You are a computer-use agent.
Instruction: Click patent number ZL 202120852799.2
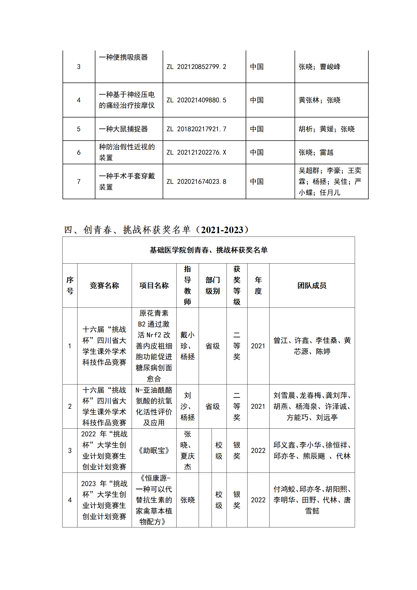pos(196,67)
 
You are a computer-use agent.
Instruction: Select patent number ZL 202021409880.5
pos(196,100)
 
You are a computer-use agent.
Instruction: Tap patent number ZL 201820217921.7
pos(196,129)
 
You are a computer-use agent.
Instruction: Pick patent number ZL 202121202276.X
pos(196,152)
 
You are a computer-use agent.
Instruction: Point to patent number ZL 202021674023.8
pos(196,182)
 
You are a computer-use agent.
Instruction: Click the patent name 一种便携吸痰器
pos(123,57)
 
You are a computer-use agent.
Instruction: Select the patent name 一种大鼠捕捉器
pos(123,129)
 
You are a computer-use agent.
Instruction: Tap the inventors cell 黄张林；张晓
pos(319,100)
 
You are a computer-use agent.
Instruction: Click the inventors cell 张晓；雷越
pos(316,152)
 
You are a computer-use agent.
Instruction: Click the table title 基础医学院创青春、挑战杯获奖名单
pos(208,250)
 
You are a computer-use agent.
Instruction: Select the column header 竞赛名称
pos(104,285)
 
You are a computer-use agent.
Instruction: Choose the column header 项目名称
pos(154,285)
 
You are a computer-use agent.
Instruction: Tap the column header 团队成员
pos(312,285)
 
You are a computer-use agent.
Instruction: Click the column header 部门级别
pos(213,285)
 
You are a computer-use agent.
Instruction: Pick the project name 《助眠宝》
pos(154,450)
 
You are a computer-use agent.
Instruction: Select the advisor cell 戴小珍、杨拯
pos(187,346)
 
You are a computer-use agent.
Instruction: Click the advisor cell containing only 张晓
pos(187,500)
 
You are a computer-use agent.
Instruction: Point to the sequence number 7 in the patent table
pos(79,182)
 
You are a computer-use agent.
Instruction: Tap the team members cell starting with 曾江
pos(312,346)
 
